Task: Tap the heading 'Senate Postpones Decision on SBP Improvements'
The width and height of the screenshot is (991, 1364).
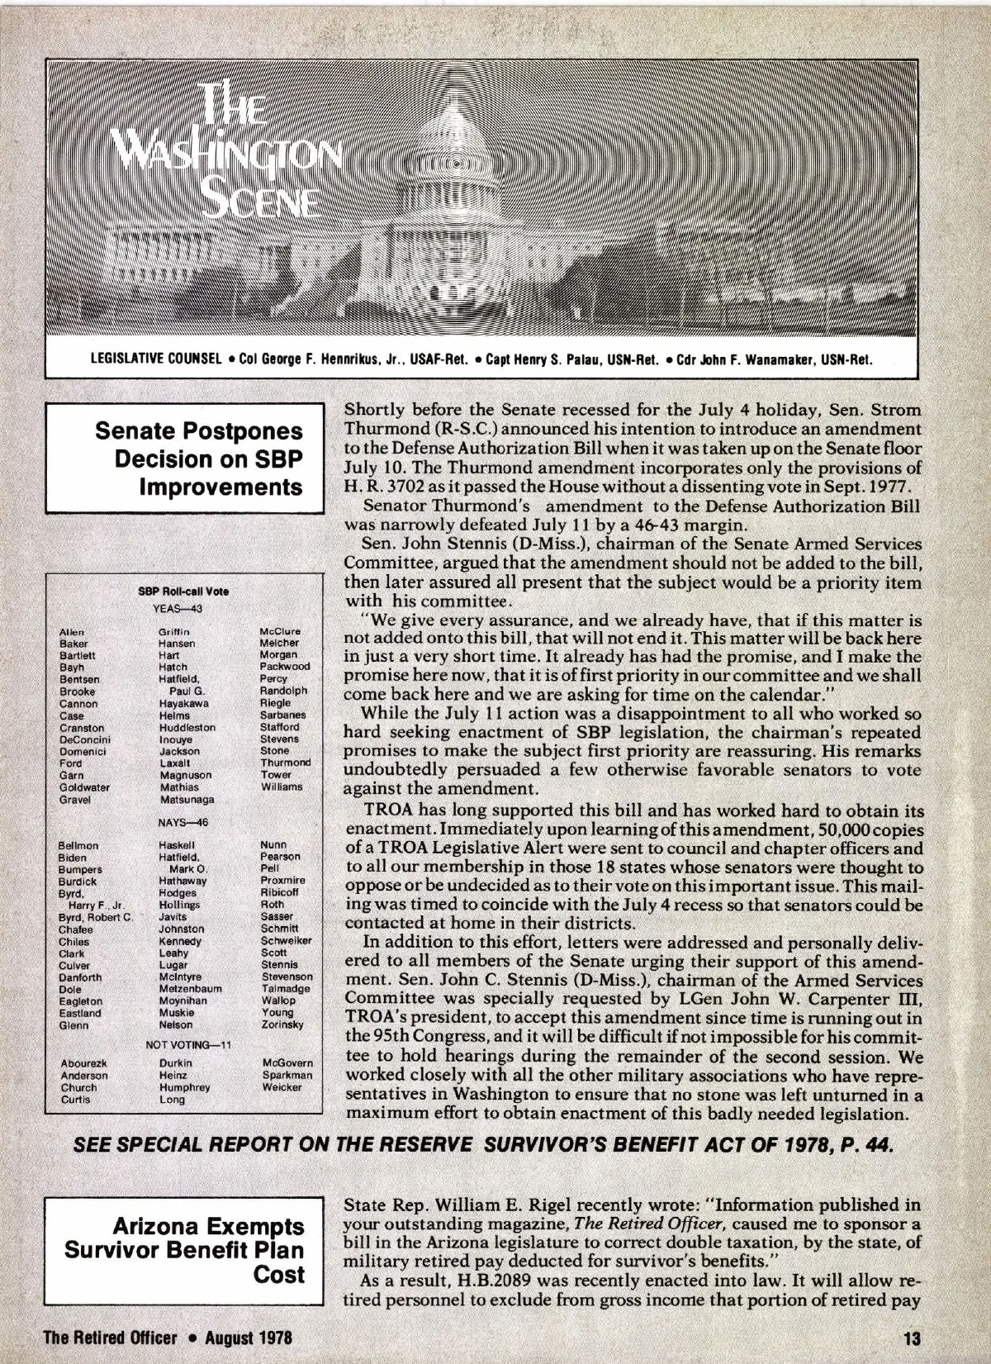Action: point(199,459)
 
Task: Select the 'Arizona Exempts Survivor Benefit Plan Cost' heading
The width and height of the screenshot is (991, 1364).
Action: point(185,1249)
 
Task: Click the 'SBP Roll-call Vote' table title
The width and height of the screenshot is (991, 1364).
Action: point(183,592)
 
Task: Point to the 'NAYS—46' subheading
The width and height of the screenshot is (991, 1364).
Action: point(183,823)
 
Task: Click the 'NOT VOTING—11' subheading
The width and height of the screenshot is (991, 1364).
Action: point(188,1044)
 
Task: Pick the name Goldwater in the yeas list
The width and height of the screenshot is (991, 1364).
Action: point(84,787)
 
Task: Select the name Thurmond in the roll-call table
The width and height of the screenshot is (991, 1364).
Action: point(285,763)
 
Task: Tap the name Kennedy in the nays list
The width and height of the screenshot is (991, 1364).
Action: point(180,941)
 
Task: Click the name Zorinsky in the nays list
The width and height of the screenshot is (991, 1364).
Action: point(282,1024)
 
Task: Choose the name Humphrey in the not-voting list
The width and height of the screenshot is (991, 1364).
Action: point(184,1087)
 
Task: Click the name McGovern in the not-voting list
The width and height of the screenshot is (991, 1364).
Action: point(287,1063)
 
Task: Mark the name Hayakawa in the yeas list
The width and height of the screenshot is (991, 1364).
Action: point(183,703)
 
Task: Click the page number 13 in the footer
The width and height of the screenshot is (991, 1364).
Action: point(912,1337)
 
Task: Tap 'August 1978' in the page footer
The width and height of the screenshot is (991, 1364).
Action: point(248,1337)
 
